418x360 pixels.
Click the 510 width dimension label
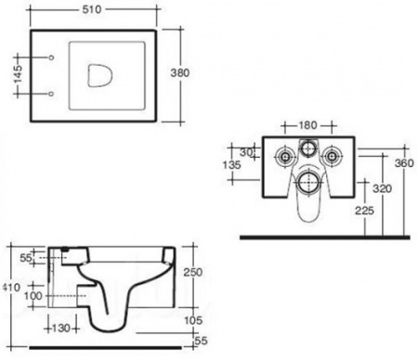(92, 9)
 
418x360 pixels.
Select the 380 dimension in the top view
(180, 72)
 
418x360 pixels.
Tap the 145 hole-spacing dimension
(18, 74)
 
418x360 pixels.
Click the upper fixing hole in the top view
(52, 58)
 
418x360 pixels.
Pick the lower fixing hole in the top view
(51, 94)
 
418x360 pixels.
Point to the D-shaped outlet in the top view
(99, 75)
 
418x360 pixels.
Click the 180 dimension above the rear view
(307, 125)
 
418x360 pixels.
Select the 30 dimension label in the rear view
(246, 152)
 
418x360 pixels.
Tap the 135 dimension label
(231, 165)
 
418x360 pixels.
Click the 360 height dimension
(404, 163)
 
